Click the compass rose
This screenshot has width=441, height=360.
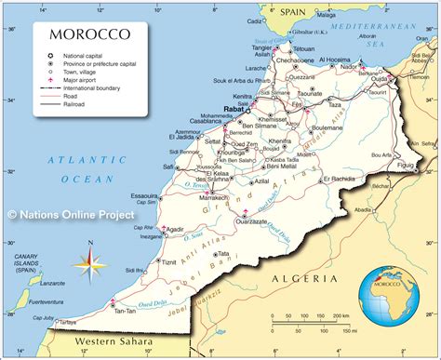(90, 260)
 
